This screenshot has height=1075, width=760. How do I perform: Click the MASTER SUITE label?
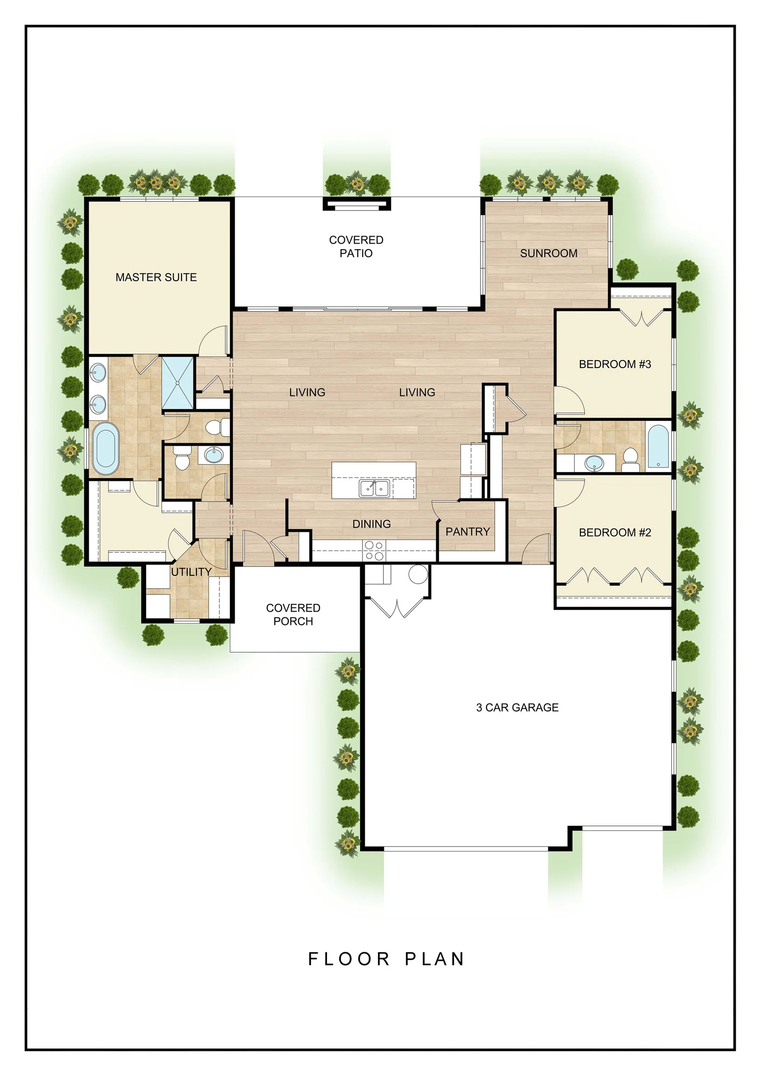(x=156, y=277)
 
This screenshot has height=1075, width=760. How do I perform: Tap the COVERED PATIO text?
(x=356, y=246)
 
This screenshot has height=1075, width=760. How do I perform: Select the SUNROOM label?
(x=548, y=253)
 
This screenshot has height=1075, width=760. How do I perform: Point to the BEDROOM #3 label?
(x=615, y=364)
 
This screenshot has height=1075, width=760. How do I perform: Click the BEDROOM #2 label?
(x=615, y=532)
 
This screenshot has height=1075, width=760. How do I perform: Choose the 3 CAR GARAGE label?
(x=517, y=707)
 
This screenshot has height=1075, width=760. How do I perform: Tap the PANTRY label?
(x=467, y=531)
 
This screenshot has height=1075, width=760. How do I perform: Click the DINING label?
(x=371, y=524)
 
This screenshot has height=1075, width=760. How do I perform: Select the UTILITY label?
(x=191, y=572)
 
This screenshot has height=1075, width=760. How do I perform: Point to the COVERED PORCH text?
(x=293, y=614)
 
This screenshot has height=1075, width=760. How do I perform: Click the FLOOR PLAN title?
(x=386, y=959)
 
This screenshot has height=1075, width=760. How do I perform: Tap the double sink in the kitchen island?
(x=374, y=488)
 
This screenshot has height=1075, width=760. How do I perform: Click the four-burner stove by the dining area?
(x=374, y=550)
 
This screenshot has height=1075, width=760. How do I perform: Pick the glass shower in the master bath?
(x=178, y=384)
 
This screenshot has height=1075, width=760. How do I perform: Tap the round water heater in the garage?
(x=418, y=573)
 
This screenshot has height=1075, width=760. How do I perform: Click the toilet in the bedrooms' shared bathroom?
(x=630, y=460)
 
